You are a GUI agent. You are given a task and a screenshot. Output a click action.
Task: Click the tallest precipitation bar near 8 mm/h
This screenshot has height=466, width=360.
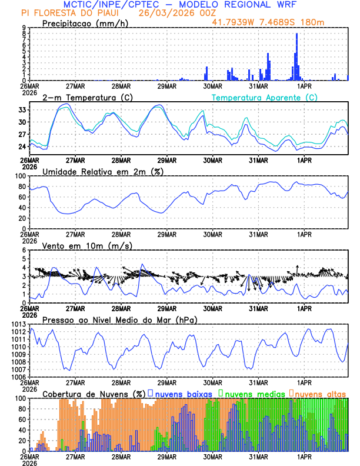tap(296, 56)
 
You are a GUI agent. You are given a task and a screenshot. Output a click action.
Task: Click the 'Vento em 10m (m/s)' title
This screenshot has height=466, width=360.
tap(87, 245)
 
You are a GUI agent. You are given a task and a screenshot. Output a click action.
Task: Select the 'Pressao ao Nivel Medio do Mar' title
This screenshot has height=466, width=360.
tap(119, 319)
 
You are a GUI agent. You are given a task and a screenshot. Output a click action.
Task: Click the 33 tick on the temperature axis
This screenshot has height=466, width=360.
tap(22, 110)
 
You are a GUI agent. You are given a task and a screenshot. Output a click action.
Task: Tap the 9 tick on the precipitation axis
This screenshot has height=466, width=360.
tap(25, 28)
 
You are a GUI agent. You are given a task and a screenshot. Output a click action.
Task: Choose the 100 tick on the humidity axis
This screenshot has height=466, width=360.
tap(21, 176)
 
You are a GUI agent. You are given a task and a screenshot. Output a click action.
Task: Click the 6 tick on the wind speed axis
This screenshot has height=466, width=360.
tap(25, 250)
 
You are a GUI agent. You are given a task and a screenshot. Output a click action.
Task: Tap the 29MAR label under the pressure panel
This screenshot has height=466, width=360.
tap(166, 381)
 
